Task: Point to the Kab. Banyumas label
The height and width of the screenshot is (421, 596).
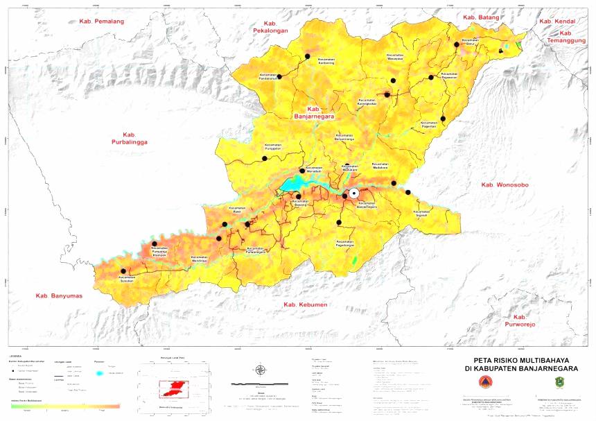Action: click(59, 296)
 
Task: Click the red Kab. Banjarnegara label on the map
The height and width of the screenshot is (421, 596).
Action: click(318, 113)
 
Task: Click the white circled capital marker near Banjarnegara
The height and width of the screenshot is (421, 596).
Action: click(354, 194)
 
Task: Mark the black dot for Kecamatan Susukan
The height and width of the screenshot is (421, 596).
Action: click(123, 271)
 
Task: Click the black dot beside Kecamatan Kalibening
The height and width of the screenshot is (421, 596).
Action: click(306, 55)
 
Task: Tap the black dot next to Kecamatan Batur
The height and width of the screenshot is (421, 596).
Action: click(457, 44)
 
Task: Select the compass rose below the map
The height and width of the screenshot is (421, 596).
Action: click(259, 369)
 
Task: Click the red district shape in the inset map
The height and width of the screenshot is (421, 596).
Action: click(174, 388)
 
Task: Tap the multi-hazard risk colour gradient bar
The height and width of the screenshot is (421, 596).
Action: click(65, 406)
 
